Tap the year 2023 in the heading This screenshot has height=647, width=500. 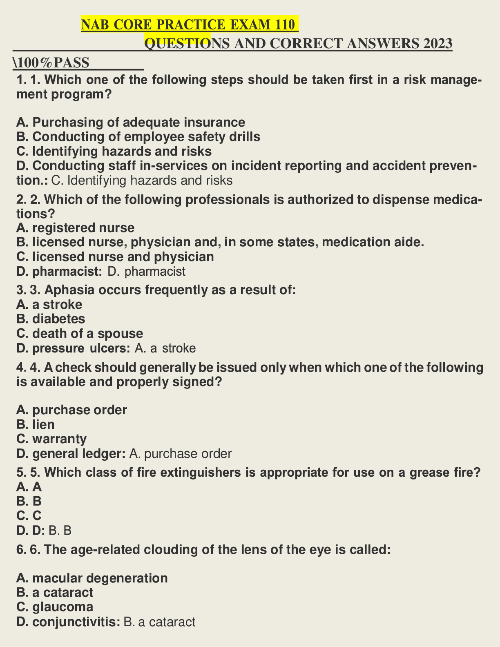pyautogui.click(x=437, y=43)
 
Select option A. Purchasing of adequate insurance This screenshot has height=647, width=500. pyautogui.click(x=131, y=122)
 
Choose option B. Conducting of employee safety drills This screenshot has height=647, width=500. pyautogui.click(x=138, y=136)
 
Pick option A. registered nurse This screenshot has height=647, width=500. pyautogui.click(x=76, y=228)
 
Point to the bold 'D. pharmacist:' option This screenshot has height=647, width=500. pyautogui.click(x=59, y=271)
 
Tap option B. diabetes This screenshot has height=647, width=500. pyautogui.click(x=51, y=319)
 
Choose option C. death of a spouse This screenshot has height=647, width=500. pyautogui.click(x=80, y=333)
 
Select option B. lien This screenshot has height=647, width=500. pyautogui.click(x=36, y=424)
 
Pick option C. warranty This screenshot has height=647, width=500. pyautogui.click(x=51, y=439)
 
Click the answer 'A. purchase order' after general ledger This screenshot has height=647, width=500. pyautogui.click(x=180, y=454)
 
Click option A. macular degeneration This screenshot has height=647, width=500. pyautogui.click(x=92, y=578)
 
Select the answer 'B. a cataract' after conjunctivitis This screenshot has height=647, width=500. pyautogui.click(x=159, y=622)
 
